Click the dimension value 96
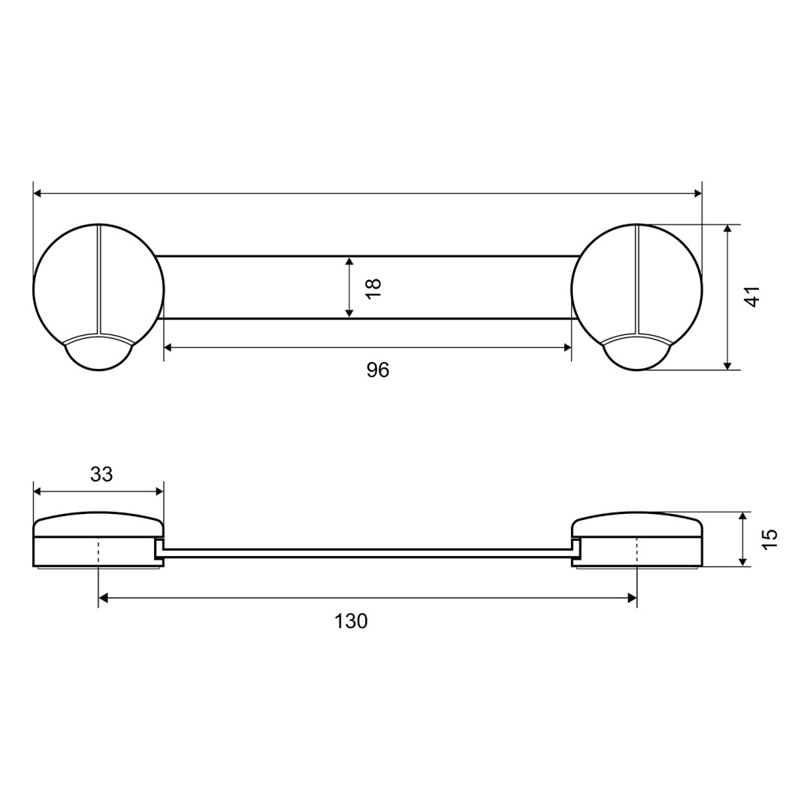coord(377,370)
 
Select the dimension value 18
coord(373,288)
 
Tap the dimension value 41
coord(752,296)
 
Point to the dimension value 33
coord(101,474)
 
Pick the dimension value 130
coord(351,621)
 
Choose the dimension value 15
coord(769,539)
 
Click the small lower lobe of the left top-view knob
coord(98,356)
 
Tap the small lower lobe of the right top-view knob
coord(636,357)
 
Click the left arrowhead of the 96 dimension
coord(168,347)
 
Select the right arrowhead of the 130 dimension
coord(632,598)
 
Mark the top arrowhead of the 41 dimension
coord(727,229)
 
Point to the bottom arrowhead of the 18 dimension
coord(349,313)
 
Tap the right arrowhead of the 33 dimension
coord(159,491)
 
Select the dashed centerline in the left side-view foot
coord(98,552)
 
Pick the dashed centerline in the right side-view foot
coord(636,552)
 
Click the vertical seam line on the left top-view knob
coord(98,278)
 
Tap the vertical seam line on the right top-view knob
coord(636,278)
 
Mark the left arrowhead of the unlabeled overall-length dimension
coord(38,193)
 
